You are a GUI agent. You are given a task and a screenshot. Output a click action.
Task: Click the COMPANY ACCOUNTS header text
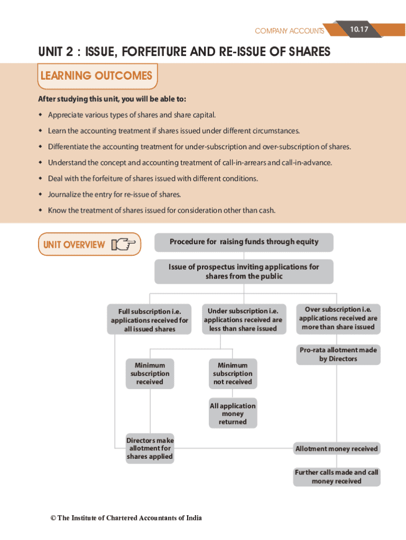pos(289,31)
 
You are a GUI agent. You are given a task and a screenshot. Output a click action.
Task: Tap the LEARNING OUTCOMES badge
pos(96,76)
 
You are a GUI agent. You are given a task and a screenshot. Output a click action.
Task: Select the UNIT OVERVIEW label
pos(74,245)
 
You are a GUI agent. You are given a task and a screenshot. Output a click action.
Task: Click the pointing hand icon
pos(123,245)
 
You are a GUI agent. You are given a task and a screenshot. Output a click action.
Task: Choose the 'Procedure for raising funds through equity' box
pos(244,242)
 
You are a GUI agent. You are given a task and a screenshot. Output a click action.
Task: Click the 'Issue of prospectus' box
pos(244,272)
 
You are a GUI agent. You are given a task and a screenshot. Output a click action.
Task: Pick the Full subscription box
pos(149,320)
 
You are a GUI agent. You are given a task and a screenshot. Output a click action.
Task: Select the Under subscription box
pos(243,320)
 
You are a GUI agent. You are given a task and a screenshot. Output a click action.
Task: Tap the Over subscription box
pos(338,319)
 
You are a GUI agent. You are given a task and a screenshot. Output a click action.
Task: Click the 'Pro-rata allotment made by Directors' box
pos(338,354)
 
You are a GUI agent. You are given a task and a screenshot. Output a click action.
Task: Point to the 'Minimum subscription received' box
pos(150,373)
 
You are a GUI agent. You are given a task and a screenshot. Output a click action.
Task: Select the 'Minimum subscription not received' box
pos(233,373)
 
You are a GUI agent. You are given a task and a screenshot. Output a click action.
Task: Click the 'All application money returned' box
pos(233,414)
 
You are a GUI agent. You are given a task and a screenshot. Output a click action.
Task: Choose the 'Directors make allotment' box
pos(150,448)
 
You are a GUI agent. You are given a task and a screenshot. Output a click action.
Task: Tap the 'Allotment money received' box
pos(336,449)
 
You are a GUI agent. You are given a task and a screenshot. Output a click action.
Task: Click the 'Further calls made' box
pos(336,477)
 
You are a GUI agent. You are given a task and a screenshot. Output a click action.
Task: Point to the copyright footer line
pos(126,518)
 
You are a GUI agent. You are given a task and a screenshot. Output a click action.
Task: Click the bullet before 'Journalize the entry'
pos(40,195)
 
